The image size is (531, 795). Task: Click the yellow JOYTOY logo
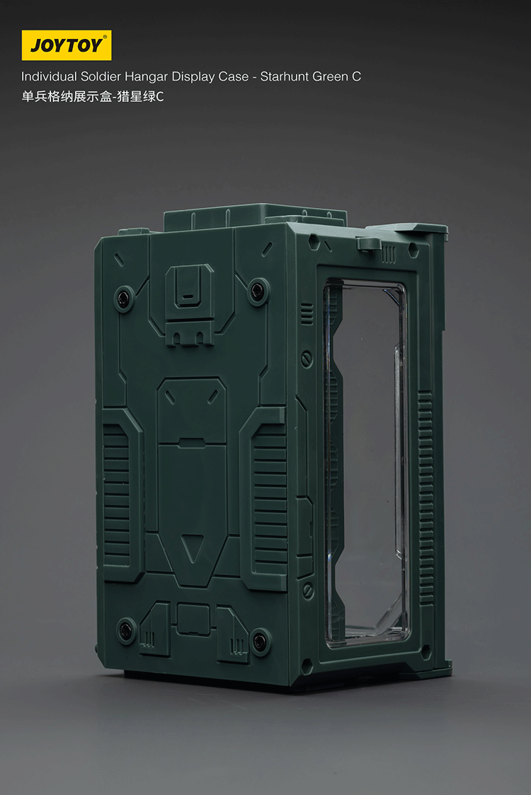[66, 45]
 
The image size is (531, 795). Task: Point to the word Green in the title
[330, 76]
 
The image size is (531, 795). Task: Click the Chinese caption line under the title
[92, 97]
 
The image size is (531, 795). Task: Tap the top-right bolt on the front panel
[258, 289]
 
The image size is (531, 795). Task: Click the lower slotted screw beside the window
[308, 588]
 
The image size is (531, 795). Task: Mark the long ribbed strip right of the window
[426, 495]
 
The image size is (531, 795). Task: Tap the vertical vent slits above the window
[389, 255]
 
